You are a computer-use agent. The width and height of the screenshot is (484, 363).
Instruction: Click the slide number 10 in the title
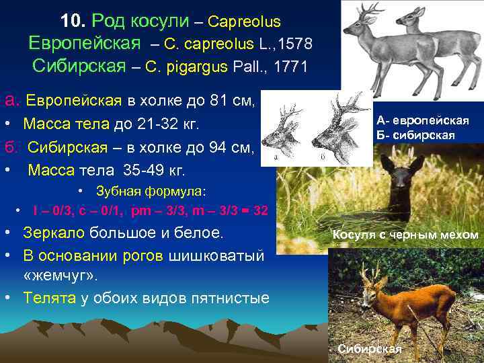tap(71, 22)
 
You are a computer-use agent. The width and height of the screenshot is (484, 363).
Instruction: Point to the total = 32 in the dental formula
tap(255, 211)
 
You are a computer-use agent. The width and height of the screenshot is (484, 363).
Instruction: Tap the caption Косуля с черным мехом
tap(405, 235)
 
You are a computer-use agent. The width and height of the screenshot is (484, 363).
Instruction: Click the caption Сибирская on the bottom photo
tap(369, 348)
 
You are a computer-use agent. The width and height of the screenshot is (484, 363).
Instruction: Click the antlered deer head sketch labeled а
tap(280, 134)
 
